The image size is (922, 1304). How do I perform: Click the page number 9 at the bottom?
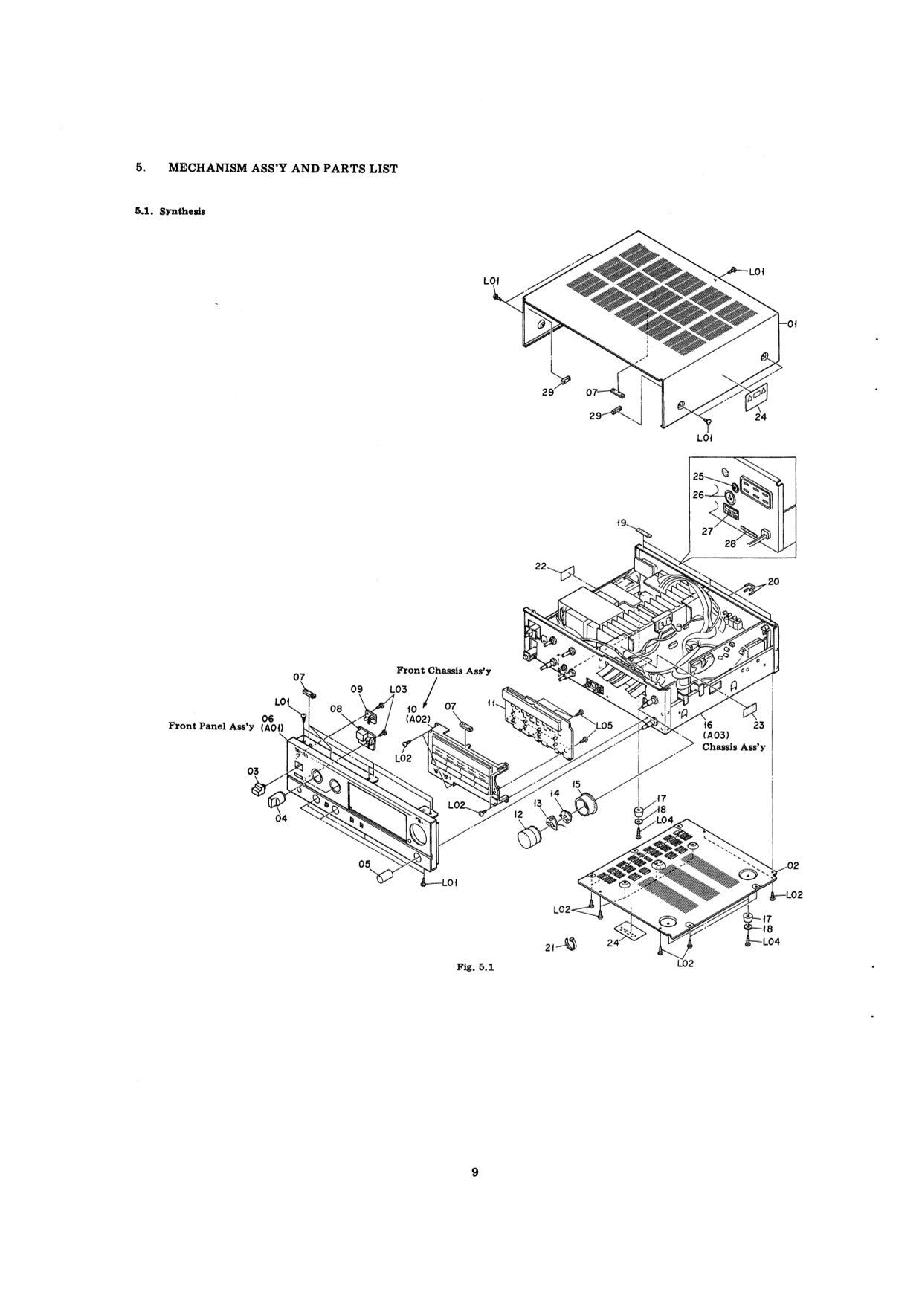tap(474, 1172)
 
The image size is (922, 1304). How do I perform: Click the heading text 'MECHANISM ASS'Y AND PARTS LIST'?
tap(283, 169)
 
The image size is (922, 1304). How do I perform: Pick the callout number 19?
tap(622, 523)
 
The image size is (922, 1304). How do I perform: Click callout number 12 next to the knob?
tap(520, 816)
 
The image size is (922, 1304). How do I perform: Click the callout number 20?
tap(773, 581)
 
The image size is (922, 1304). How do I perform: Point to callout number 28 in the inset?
tap(731, 543)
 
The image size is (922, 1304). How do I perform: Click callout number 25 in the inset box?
tap(698, 476)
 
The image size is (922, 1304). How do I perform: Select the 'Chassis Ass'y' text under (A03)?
tap(734, 747)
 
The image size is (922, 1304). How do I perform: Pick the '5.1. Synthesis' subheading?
tap(170, 211)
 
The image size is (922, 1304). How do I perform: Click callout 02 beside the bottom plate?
tap(793, 865)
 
